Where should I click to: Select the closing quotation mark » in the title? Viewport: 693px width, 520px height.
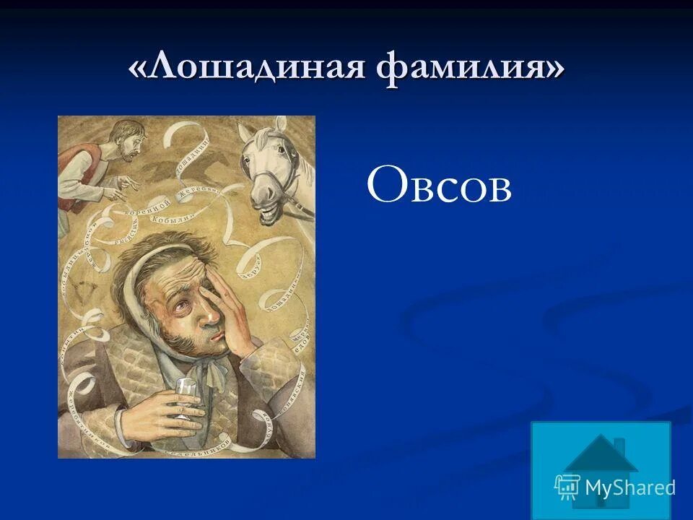(x=552, y=71)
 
